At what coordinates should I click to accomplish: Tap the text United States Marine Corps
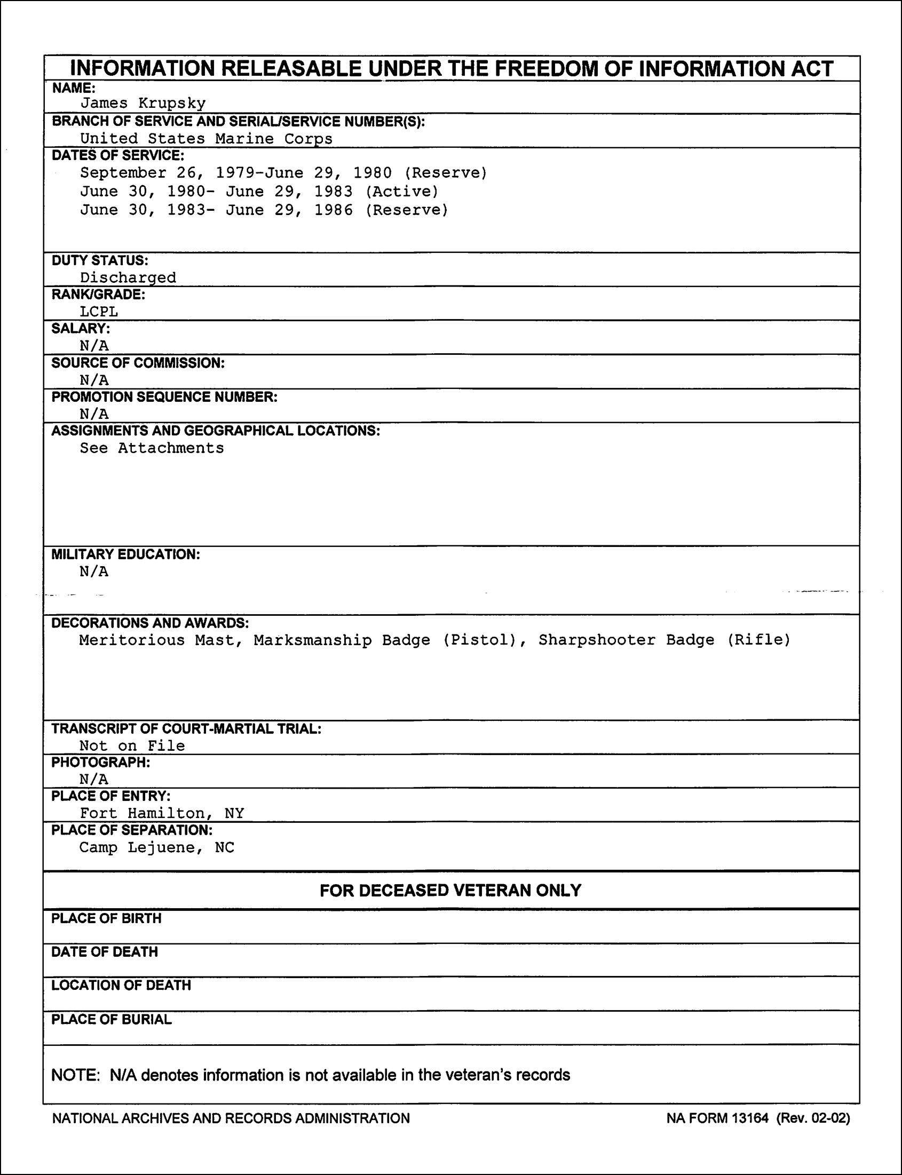pos(206,139)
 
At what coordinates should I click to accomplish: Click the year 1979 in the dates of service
pos(235,173)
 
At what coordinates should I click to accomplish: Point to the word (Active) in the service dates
pos(402,192)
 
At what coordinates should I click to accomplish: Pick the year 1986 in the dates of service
pos(334,210)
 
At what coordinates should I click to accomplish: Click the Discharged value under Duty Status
pos(128,277)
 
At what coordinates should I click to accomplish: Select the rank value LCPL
pos(99,311)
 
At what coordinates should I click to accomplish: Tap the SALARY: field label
pos(81,329)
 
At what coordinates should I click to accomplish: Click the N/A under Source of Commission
pos(94,380)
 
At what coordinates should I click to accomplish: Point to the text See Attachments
pos(152,448)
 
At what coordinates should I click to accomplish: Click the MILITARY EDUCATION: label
pos(125,554)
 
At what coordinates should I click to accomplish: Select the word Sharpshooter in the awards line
pos(597,640)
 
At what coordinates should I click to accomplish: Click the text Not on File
pos(132,745)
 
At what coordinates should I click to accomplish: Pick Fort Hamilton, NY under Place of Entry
pos(162,813)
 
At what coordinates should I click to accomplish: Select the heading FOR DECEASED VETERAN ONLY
pos(450,891)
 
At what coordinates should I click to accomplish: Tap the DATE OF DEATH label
pos(105,952)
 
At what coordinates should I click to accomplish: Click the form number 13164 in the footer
pos(749,1118)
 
